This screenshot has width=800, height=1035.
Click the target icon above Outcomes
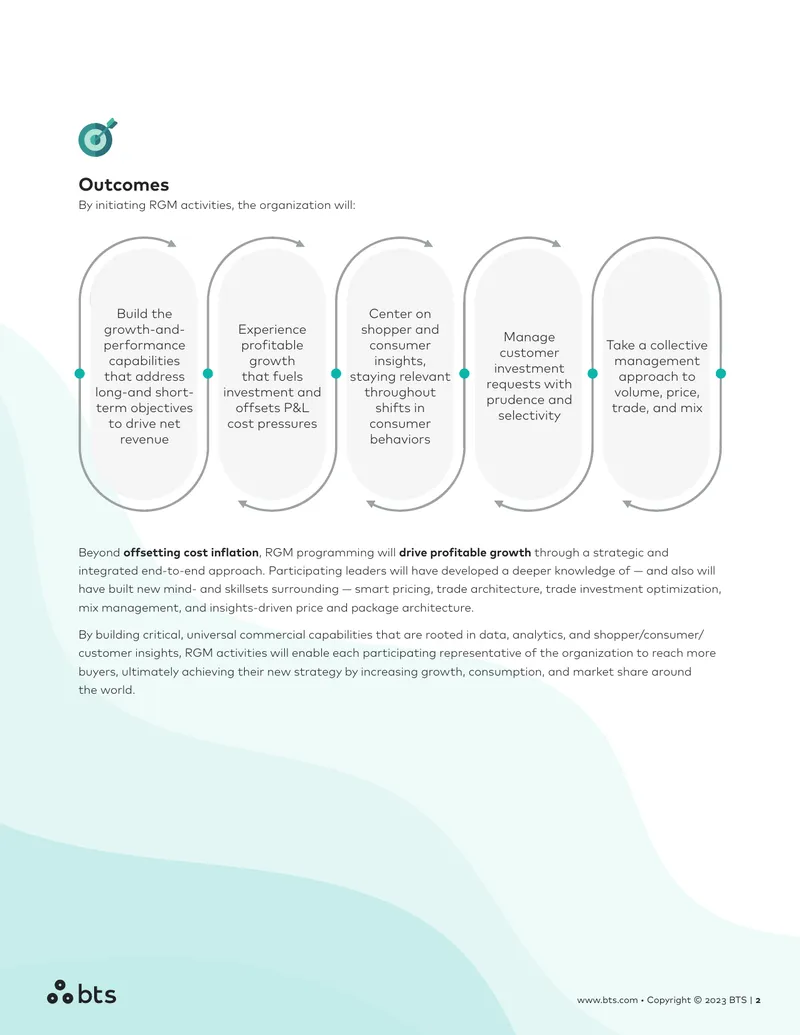pyautogui.click(x=97, y=137)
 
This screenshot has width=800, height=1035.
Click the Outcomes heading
pyautogui.click(x=123, y=185)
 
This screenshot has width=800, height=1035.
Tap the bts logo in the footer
pyautogui.click(x=81, y=993)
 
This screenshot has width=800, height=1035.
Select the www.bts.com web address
pyautogui.click(x=607, y=1000)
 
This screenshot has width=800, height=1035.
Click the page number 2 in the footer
pyautogui.click(x=758, y=1000)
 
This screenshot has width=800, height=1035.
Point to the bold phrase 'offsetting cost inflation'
pyautogui.click(x=191, y=552)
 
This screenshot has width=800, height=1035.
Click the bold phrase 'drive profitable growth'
pyautogui.click(x=465, y=552)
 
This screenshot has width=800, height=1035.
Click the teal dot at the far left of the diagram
pyautogui.click(x=80, y=374)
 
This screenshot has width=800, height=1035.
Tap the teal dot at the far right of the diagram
pyautogui.click(x=721, y=374)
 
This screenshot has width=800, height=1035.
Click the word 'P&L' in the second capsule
pyautogui.click(x=291, y=408)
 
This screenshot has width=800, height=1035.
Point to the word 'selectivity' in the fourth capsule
pyautogui.click(x=529, y=416)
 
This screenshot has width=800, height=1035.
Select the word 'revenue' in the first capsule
pyautogui.click(x=144, y=440)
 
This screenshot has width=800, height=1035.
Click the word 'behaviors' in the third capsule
pyautogui.click(x=400, y=440)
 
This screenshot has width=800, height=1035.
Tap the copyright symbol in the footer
pyautogui.click(x=697, y=1000)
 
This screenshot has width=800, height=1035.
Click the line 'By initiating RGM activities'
pyautogui.click(x=217, y=205)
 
